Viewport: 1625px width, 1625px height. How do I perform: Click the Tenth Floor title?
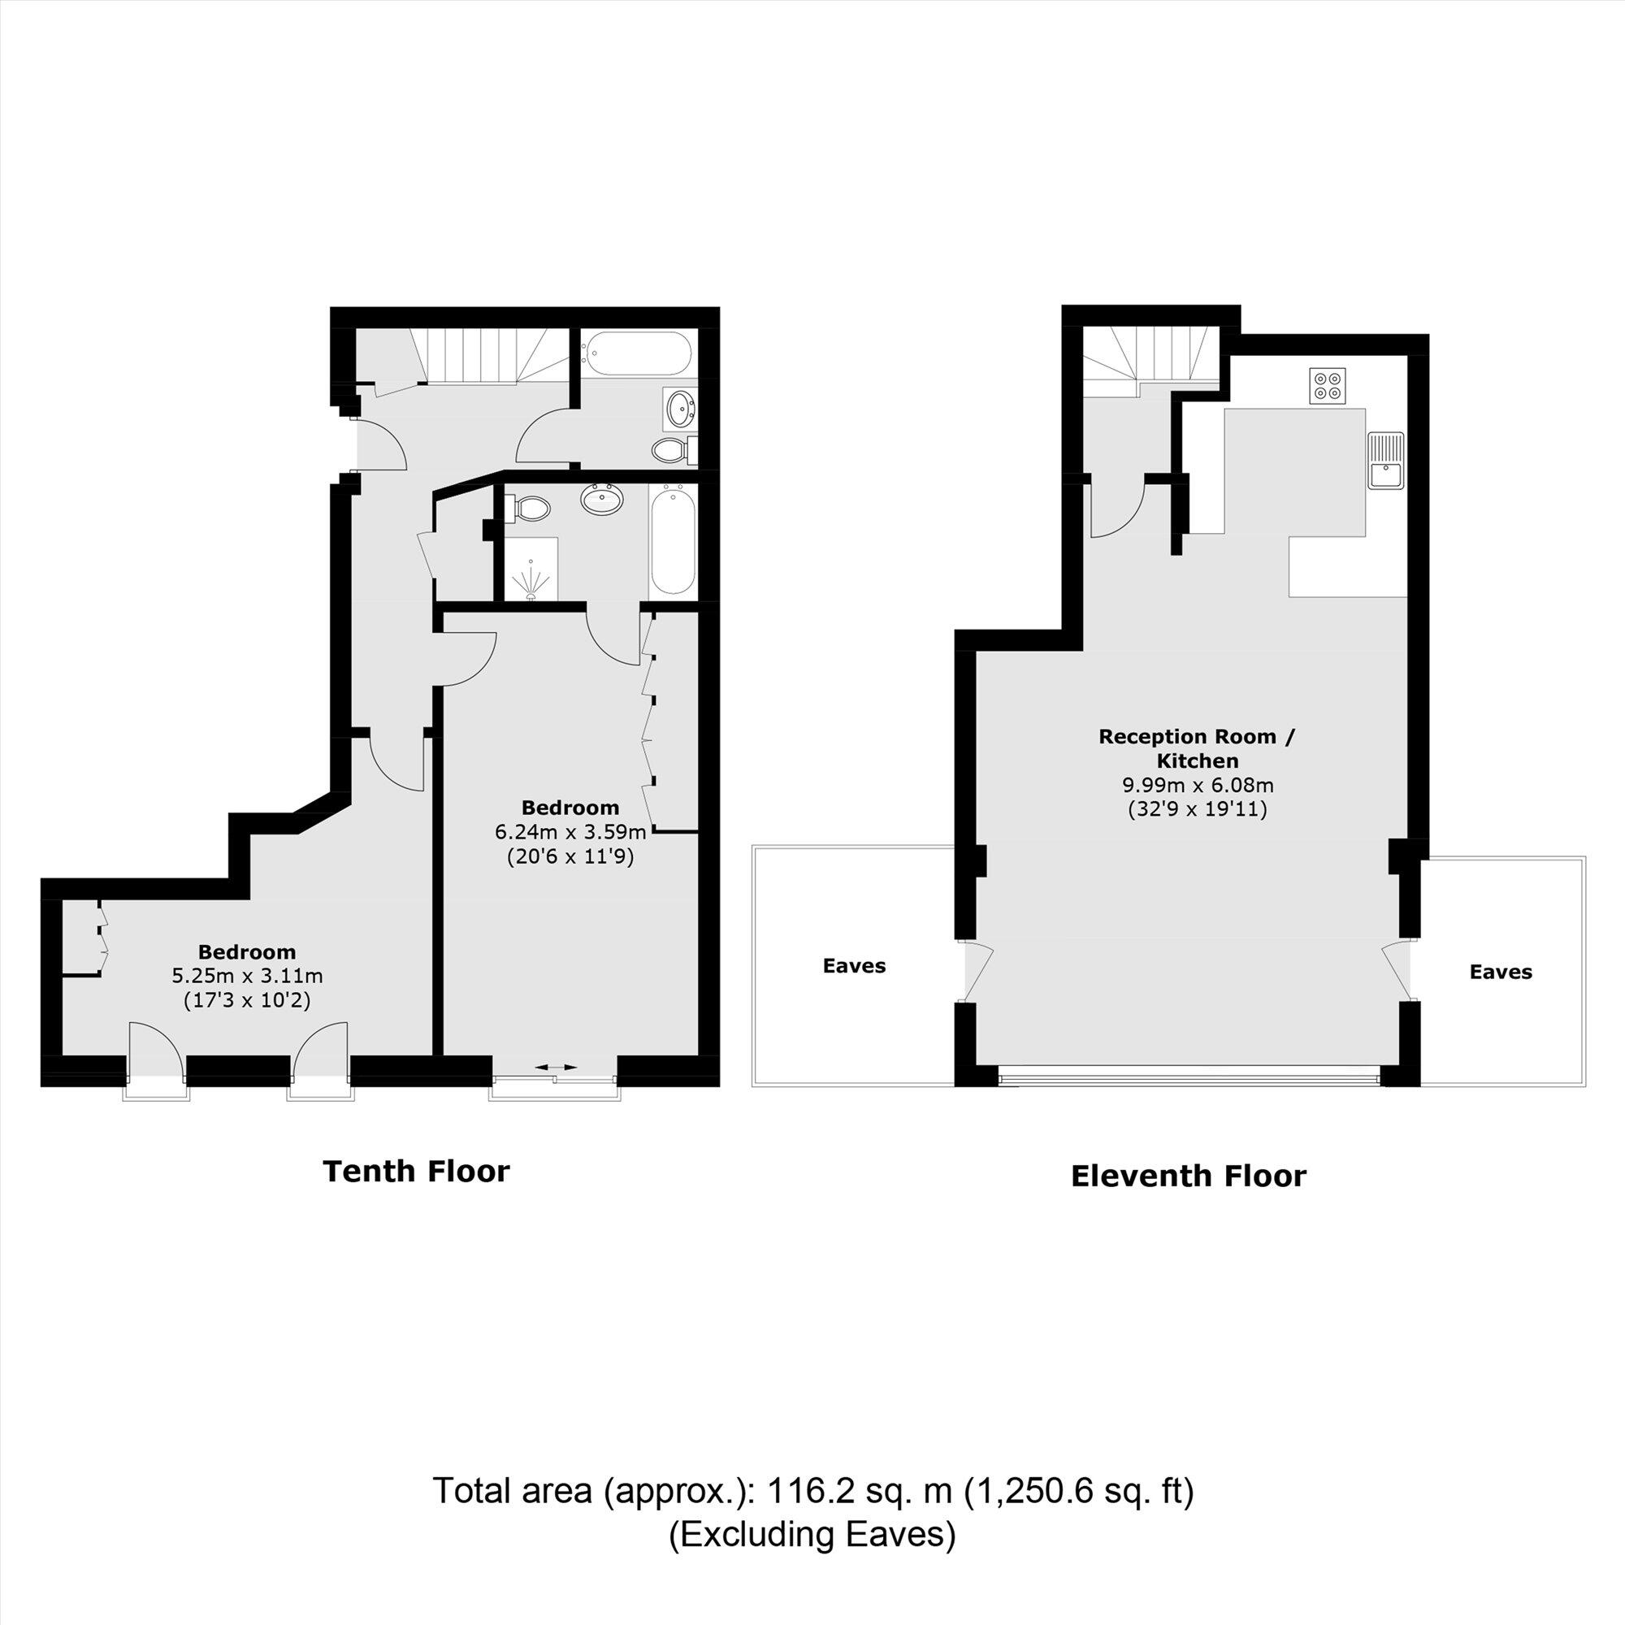pos(416,1171)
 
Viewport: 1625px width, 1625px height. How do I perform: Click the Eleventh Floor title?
pos(1188,1176)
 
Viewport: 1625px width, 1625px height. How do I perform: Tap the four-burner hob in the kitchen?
pos(1328,385)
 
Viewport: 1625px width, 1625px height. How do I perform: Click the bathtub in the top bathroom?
pos(639,352)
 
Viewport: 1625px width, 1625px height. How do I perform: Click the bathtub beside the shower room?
pos(673,542)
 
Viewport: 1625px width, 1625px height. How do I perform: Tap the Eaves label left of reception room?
pos(854,965)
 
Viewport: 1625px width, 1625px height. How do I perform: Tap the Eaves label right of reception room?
pos(1501,973)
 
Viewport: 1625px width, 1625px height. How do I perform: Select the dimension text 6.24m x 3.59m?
pos(570,833)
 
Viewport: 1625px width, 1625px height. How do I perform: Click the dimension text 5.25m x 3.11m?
pos(247,977)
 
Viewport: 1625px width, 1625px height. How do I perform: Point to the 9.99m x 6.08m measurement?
pos(1198,786)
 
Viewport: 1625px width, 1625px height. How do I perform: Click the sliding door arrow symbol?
pos(556,1068)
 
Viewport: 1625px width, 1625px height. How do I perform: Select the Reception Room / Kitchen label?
pos(1198,748)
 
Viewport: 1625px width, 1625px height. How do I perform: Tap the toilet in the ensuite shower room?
pos(530,507)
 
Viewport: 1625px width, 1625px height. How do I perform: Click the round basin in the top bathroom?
pos(679,409)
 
